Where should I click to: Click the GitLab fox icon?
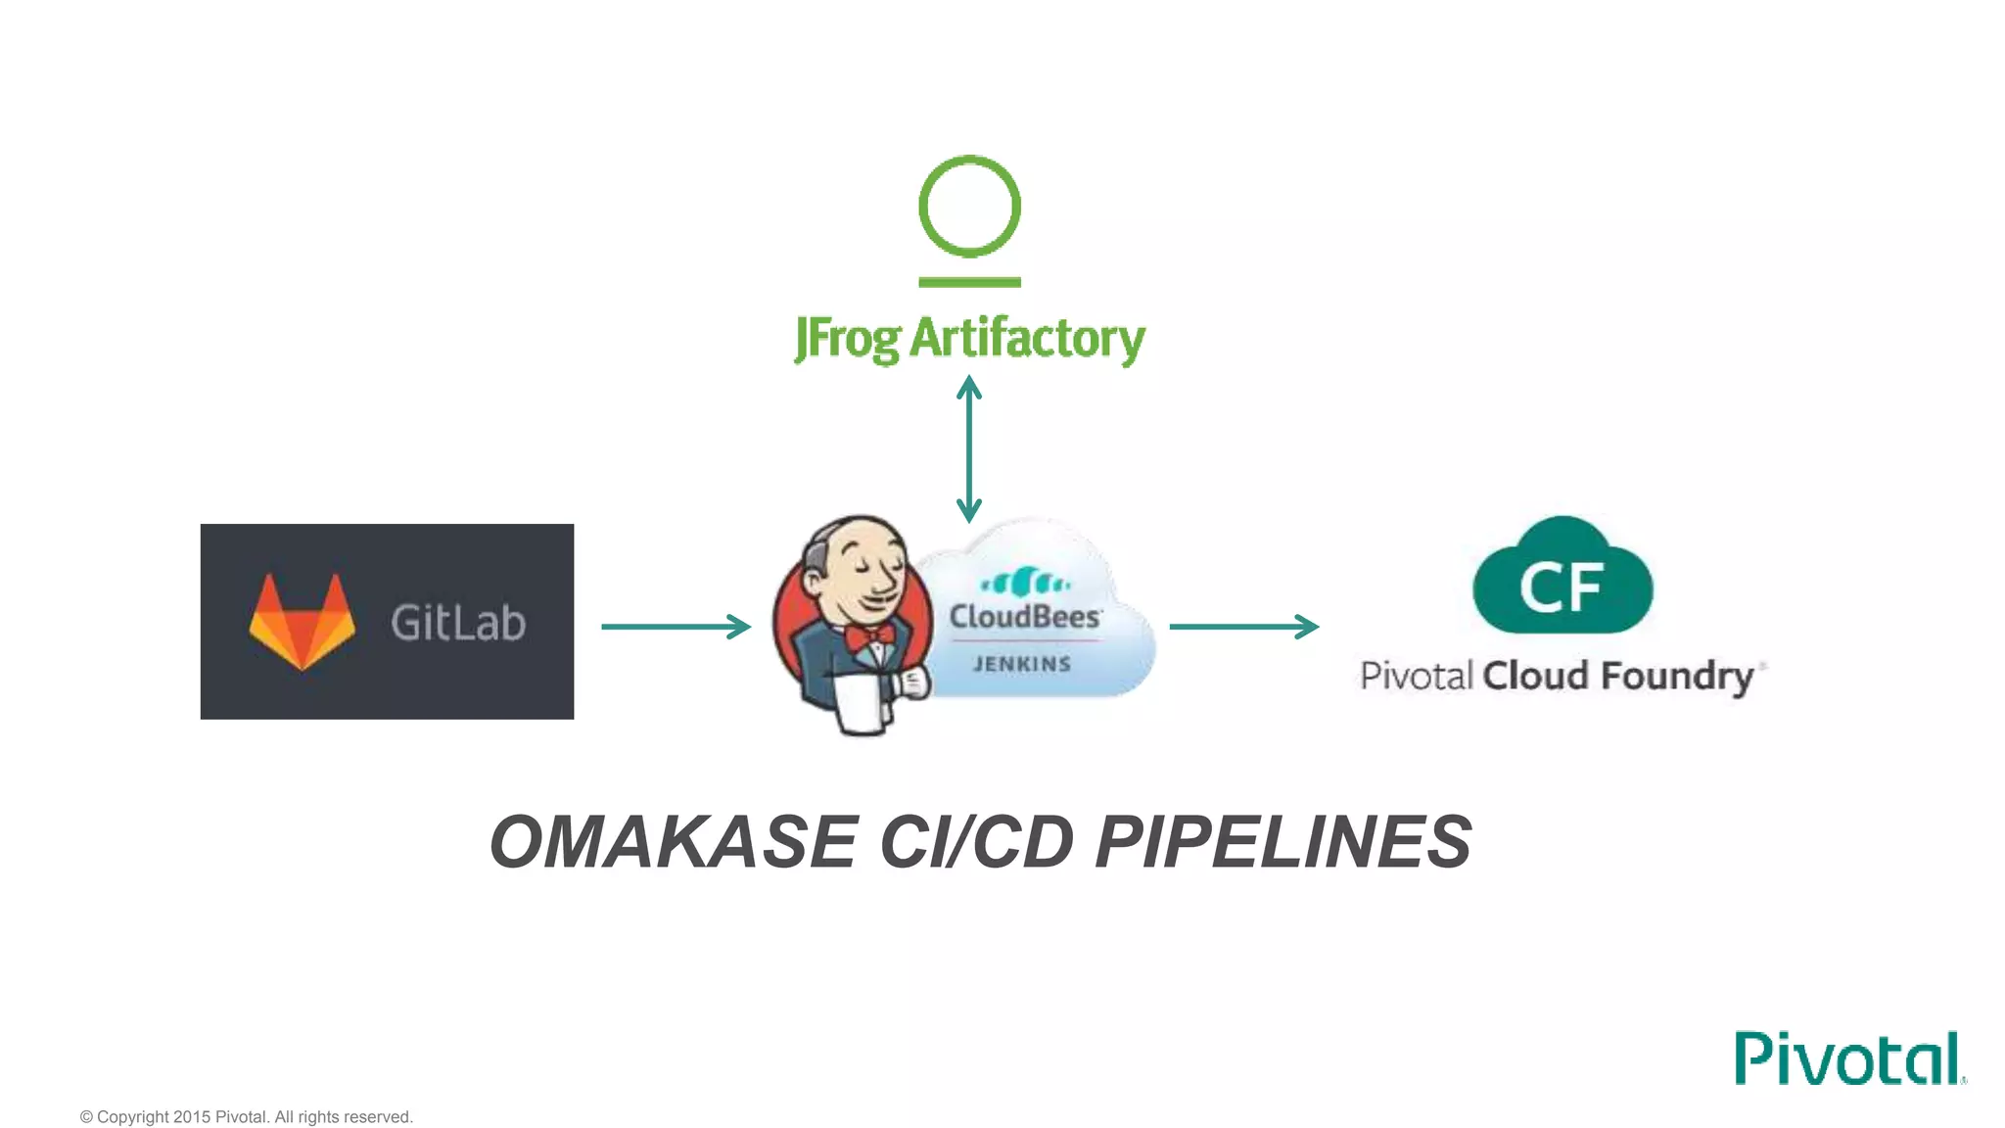pos(302,622)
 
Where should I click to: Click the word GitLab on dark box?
pos(457,623)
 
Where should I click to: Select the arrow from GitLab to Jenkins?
pos(676,627)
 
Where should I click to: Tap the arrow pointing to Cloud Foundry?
pos(1243,627)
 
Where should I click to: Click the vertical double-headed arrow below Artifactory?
pos(969,449)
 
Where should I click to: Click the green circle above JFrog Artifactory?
pos(969,207)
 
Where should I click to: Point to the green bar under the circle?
pos(969,282)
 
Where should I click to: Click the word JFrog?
pos(847,339)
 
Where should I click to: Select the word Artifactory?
pos(1027,339)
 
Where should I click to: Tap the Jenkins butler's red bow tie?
pos(869,637)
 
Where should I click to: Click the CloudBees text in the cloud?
pos(1024,617)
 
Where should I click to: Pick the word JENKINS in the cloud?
pos(1022,664)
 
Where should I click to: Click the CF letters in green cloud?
pos(1561,587)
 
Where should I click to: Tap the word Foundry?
pos(1677,677)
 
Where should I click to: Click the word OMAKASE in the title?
pos(674,842)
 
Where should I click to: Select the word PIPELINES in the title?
pos(1283,842)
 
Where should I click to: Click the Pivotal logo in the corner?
pos(1847,1058)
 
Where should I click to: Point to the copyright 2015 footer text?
pos(246,1117)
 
